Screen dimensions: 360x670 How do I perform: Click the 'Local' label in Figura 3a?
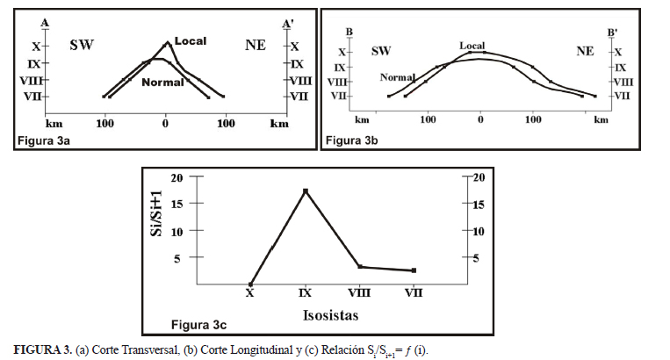(191, 41)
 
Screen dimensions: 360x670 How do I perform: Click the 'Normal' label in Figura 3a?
(162, 82)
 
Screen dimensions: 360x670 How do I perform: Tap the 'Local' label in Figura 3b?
(472, 45)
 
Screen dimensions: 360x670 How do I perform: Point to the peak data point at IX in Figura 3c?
(306, 191)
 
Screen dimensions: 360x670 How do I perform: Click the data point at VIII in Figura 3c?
(359, 266)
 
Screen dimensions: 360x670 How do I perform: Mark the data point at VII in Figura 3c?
(414, 270)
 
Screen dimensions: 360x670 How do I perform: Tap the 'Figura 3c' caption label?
(199, 326)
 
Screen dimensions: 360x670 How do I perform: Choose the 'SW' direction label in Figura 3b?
(380, 51)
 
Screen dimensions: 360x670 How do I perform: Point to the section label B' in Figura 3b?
(613, 32)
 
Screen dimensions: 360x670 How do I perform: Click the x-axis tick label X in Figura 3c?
(251, 293)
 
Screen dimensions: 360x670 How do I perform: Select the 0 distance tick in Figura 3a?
(166, 123)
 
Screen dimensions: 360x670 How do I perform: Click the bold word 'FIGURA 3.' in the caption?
(41, 349)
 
